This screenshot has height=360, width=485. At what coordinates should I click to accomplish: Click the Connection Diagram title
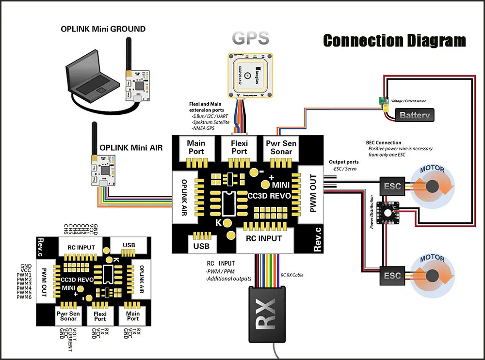coord(394,40)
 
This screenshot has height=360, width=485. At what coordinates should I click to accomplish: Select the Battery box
coord(415,115)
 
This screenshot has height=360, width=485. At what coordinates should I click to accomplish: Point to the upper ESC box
coord(392,186)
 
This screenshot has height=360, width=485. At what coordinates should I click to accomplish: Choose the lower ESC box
coord(392,275)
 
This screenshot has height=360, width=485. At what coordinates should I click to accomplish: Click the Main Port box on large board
coord(196,147)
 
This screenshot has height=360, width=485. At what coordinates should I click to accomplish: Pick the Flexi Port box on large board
coord(239,147)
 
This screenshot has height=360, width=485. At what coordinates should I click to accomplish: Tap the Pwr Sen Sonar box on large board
coord(281,147)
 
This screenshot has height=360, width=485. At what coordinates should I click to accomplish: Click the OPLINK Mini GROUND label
coord(103,29)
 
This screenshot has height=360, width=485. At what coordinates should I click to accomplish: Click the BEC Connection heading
coord(384,143)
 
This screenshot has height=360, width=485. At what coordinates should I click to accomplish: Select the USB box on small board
coord(129,245)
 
